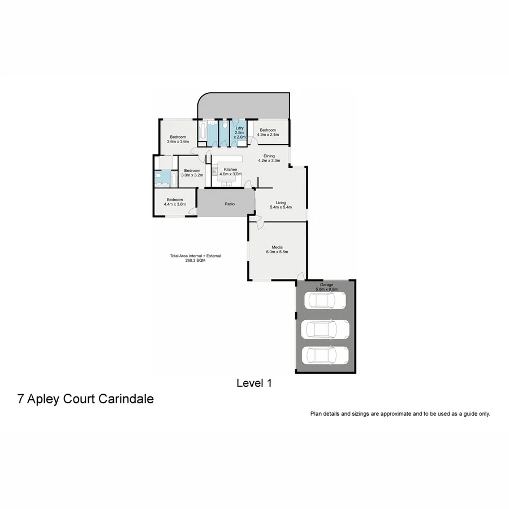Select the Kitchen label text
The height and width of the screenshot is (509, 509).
(x=230, y=170)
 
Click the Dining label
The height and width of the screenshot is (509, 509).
(x=269, y=156)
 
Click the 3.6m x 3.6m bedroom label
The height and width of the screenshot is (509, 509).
(x=178, y=139)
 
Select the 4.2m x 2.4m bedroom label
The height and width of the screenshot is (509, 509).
(x=267, y=132)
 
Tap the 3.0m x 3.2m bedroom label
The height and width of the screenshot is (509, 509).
(x=191, y=172)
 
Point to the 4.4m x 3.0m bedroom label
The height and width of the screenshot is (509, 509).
(x=174, y=201)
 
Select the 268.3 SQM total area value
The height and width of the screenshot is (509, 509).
(x=195, y=260)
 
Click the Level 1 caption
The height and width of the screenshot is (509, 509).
(x=254, y=383)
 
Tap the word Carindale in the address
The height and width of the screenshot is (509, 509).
(x=126, y=399)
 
